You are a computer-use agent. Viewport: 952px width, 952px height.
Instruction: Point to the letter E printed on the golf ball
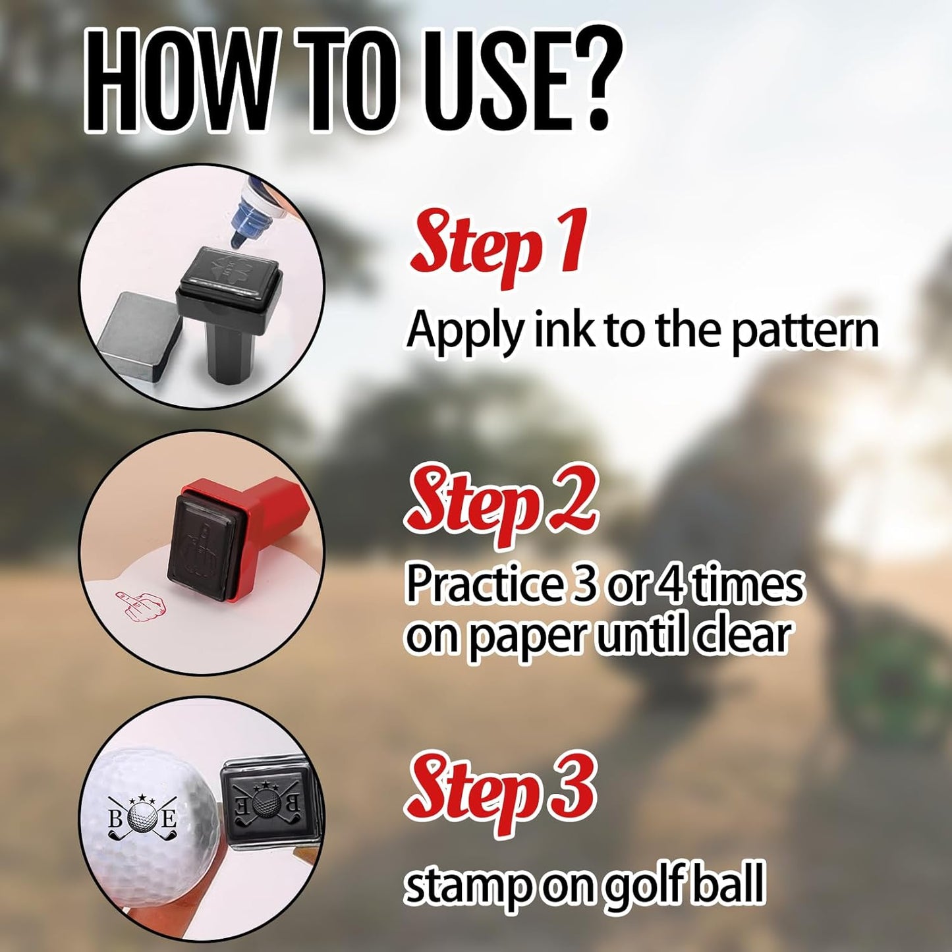point(168,821)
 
